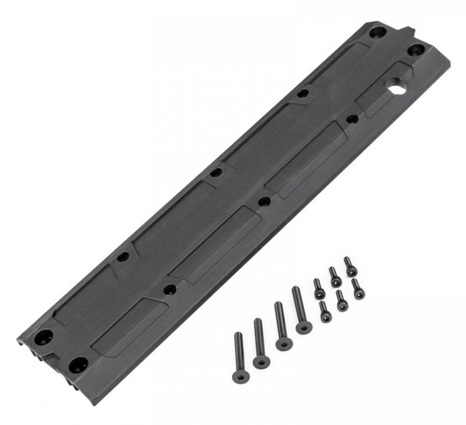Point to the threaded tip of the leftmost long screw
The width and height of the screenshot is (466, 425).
[x=238, y=336]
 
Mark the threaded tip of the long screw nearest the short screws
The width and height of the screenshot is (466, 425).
[x=296, y=289]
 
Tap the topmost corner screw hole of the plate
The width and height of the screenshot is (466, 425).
[x=377, y=31]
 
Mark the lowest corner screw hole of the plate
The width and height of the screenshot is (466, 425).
[x=77, y=364]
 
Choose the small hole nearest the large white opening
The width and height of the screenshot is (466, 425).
[x=352, y=118]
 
